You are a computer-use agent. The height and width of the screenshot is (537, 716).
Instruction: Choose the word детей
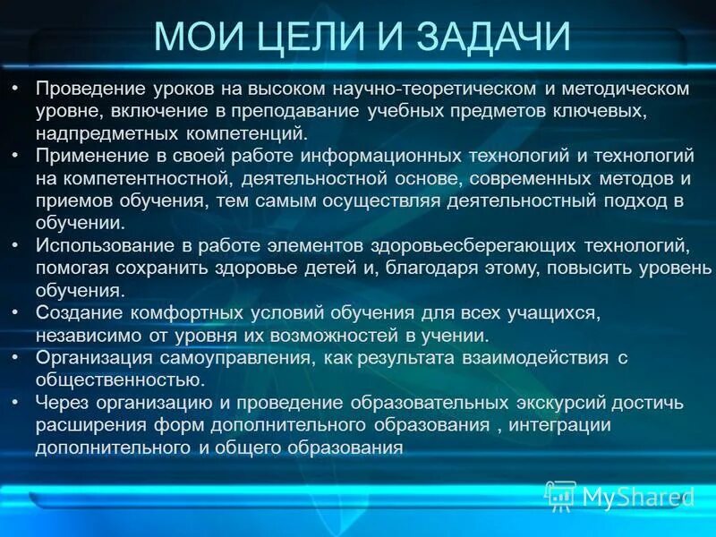coord(328,268)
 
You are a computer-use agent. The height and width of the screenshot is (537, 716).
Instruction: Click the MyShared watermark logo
coord(618,495)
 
